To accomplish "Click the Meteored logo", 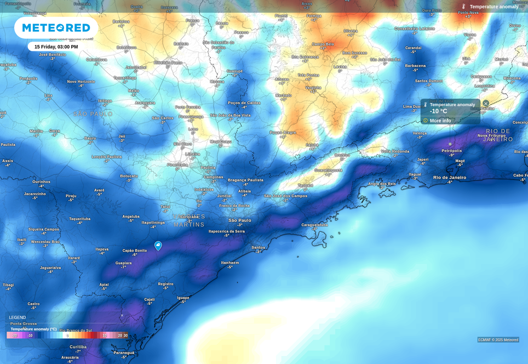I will click(56, 27).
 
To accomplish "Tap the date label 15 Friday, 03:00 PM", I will click(56, 47).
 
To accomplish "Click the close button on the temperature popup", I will click(485, 103).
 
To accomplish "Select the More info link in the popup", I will click(440, 121).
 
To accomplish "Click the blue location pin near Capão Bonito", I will click(158, 246).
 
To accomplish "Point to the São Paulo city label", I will click(239, 220).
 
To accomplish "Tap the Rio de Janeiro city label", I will click(449, 177).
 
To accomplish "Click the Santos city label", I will click(258, 247).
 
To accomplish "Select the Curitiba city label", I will click(78, 346).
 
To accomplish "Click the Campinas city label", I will click(213, 177).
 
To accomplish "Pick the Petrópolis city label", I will click(451, 151).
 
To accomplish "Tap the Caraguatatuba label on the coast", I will click(314, 225).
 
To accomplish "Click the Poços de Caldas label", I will click(244, 103).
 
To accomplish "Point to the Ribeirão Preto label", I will click(168, 62).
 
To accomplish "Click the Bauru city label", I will click(90, 138).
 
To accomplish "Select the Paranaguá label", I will click(124, 352).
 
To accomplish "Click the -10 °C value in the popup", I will click(438, 111).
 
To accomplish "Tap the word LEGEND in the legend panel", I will click(17, 317).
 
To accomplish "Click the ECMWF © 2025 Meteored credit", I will click(498, 340).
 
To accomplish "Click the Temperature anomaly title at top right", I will click(493, 7).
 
